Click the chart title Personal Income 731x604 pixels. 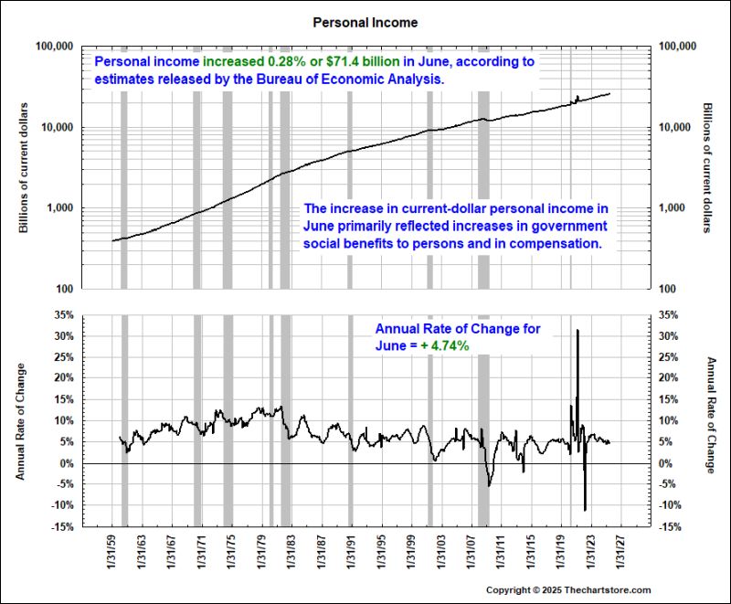coord(365,20)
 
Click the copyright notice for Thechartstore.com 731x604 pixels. coord(567,590)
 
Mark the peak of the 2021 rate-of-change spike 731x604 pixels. coord(577,330)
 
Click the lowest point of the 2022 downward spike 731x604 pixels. coord(585,509)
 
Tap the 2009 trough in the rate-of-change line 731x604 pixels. coord(489,484)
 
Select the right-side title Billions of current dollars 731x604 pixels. coord(707,167)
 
